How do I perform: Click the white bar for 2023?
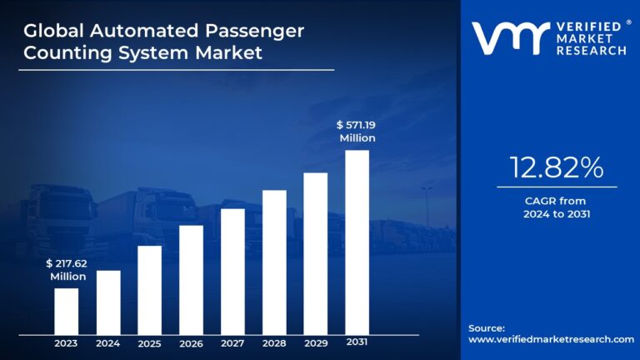tap(67, 311)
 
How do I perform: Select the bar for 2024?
tap(108, 302)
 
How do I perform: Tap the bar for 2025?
tap(149, 289)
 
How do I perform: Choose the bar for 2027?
tap(232, 271)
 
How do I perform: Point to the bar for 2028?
tap(274, 262)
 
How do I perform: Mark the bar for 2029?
tap(315, 252)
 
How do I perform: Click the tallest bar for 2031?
tap(357, 242)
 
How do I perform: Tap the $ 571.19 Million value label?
tap(357, 132)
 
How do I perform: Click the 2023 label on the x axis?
tap(67, 342)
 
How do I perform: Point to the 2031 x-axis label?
tap(357, 342)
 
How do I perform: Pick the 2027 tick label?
tap(232, 342)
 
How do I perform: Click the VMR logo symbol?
tap(510, 37)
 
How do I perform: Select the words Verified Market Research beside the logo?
tap(590, 38)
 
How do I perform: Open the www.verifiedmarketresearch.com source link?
tap(551, 340)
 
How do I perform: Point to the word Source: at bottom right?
tap(487, 328)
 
